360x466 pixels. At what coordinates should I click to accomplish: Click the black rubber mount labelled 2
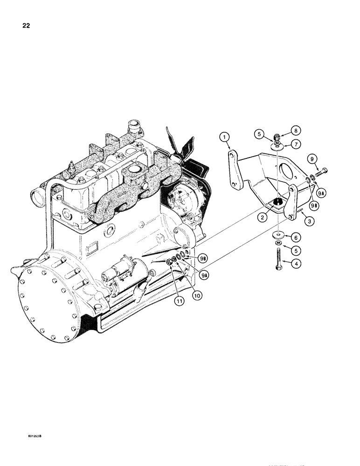[x=278, y=201]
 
